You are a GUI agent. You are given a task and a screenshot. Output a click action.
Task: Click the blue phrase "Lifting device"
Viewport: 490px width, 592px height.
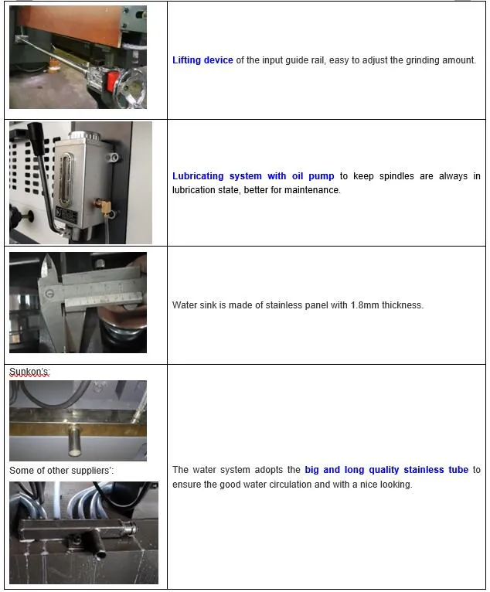202,60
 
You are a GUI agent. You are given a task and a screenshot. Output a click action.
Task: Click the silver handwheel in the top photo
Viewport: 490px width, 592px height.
131,89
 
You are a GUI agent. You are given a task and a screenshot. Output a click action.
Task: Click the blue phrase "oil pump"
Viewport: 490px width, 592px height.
313,176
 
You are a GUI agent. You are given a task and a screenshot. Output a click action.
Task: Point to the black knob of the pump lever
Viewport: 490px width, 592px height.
36,138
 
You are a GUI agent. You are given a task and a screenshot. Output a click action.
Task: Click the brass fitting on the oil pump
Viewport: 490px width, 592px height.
103,205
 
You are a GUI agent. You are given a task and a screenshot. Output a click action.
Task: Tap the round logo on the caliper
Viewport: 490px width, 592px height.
49,294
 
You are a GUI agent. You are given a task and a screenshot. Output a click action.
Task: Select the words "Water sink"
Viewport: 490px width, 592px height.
194,305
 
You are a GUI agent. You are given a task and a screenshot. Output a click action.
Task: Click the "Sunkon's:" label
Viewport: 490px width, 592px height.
29,372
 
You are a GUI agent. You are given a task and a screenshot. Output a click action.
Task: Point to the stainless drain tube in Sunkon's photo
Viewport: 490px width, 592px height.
74,439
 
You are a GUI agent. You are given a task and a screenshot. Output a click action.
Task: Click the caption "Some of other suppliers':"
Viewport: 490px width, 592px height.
61,471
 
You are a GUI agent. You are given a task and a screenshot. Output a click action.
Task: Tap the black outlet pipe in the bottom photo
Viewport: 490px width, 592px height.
96,543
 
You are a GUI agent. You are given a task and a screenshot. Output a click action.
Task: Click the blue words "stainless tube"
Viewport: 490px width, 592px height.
436,470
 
